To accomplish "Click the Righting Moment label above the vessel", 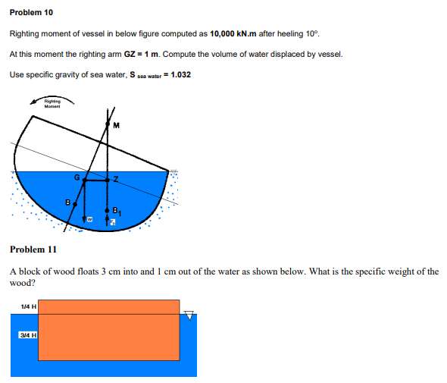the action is pyautogui.click(x=52, y=103).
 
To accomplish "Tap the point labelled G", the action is pyautogui.click(x=83, y=181).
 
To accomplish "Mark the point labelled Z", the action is pyautogui.click(x=108, y=181).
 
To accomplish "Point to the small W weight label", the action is pyautogui.click(x=89, y=218).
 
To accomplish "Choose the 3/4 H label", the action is pyautogui.click(x=28, y=334).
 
